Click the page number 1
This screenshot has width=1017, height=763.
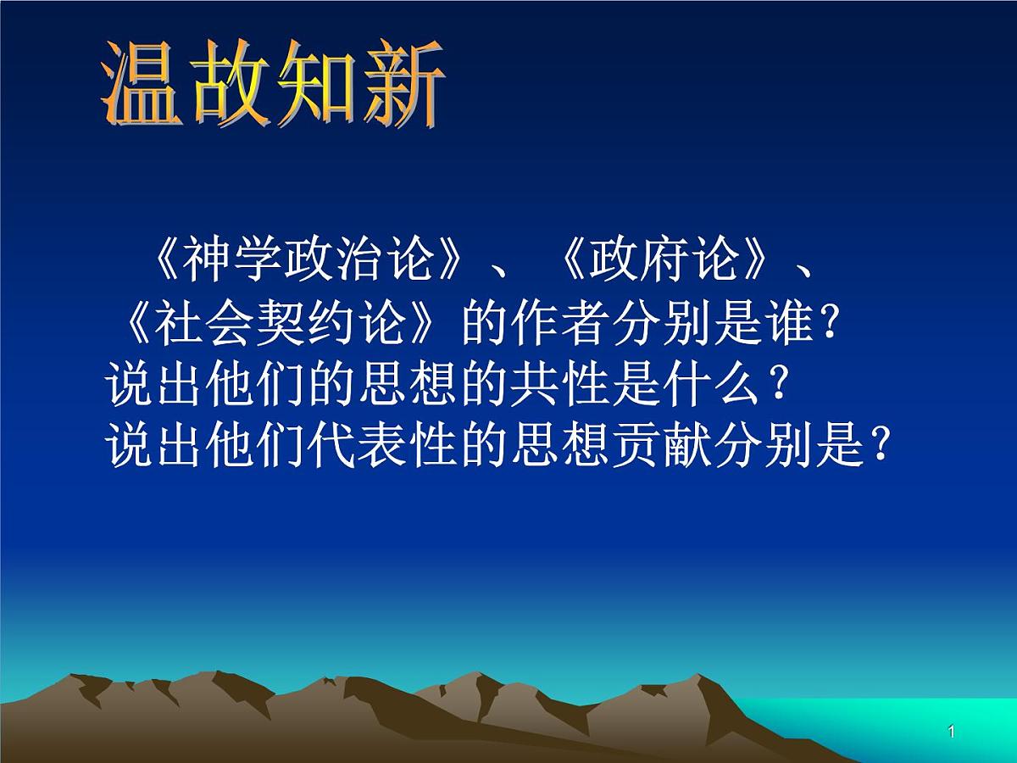pyautogui.click(x=952, y=732)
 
